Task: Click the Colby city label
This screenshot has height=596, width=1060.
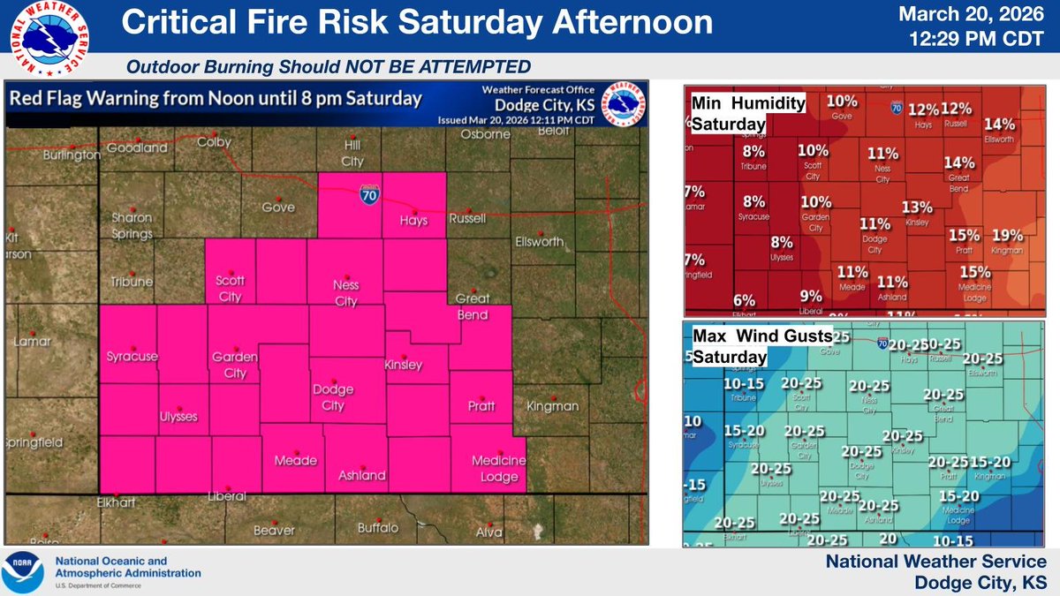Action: (x=215, y=141)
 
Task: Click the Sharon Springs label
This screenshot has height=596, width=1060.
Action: (x=132, y=224)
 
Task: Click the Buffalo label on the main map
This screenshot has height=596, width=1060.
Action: (x=378, y=528)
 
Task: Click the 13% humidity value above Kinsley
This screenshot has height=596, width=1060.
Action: (x=917, y=207)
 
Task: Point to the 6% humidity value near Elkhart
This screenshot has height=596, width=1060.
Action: (x=744, y=299)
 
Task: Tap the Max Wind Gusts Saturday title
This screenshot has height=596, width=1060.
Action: (x=761, y=346)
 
